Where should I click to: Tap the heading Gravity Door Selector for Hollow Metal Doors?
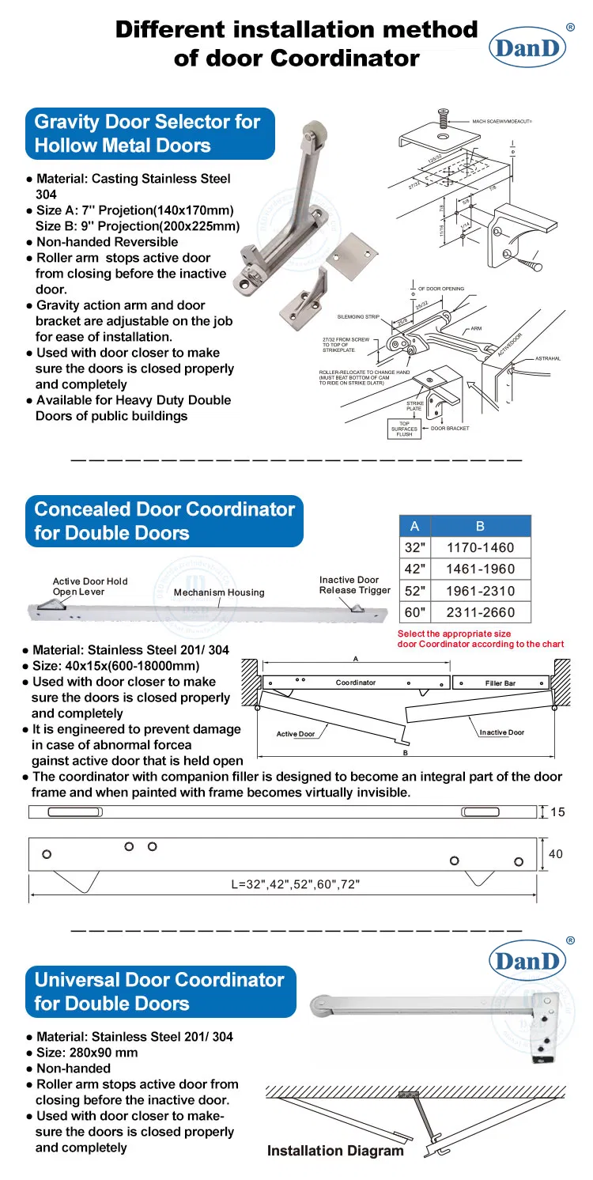click(147, 134)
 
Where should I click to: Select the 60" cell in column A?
click(414, 611)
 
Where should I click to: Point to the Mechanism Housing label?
click(219, 592)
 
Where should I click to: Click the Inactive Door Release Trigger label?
click(355, 585)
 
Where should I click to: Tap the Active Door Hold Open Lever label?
click(90, 587)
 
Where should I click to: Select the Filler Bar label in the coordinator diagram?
click(500, 683)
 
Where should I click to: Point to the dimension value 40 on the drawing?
click(555, 853)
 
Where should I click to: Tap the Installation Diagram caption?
click(335, 1151)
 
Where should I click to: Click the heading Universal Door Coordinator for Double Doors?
click(159, 992)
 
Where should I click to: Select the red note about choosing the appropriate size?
click(481, 639)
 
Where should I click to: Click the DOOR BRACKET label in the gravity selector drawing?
click(450, 429)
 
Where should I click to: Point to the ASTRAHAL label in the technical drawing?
click(546, 359)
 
